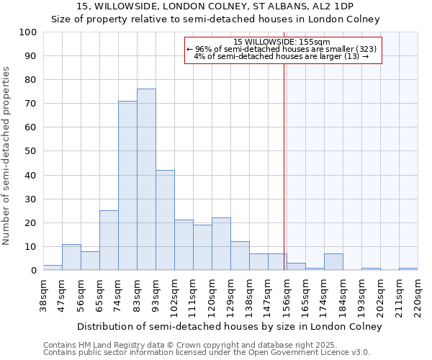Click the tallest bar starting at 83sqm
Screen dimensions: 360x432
(x=146, y=179)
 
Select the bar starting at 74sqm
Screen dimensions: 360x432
(x=127, y=186)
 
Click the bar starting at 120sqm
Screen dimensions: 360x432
(x=221, y=244)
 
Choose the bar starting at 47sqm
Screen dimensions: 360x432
(x=71, y=257)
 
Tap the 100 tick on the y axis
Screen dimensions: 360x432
(x=29, y=32)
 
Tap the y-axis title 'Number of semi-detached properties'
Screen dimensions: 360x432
(x=6, y=155)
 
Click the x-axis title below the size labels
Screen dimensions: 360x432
(x=229, y=326)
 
